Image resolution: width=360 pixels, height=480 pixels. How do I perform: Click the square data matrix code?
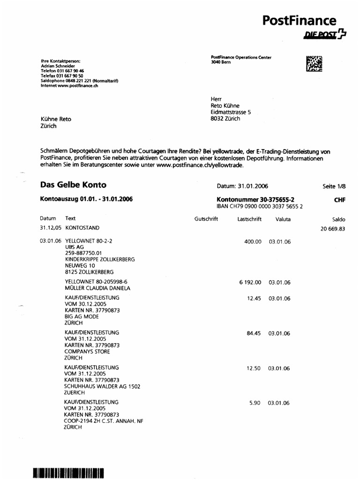point(314,64)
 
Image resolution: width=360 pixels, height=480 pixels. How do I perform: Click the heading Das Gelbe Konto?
point(73,185)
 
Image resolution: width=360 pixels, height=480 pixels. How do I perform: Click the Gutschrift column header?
point(206,219)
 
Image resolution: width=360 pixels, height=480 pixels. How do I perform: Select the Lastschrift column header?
point(249,219)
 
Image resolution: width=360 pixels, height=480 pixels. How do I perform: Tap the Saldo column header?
point(338,219)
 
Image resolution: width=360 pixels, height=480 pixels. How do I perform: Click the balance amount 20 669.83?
point(333,229)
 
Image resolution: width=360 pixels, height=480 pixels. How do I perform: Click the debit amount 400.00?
point(253,241)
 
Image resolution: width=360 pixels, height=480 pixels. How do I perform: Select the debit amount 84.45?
point(254,334)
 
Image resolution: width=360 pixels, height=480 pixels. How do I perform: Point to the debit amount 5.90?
point(255,403)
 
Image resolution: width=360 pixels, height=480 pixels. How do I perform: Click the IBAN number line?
point(259,206)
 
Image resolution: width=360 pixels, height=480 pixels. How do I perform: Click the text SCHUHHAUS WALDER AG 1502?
point(102,386)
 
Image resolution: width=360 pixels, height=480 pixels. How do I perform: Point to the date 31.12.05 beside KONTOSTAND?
point(50,228)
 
